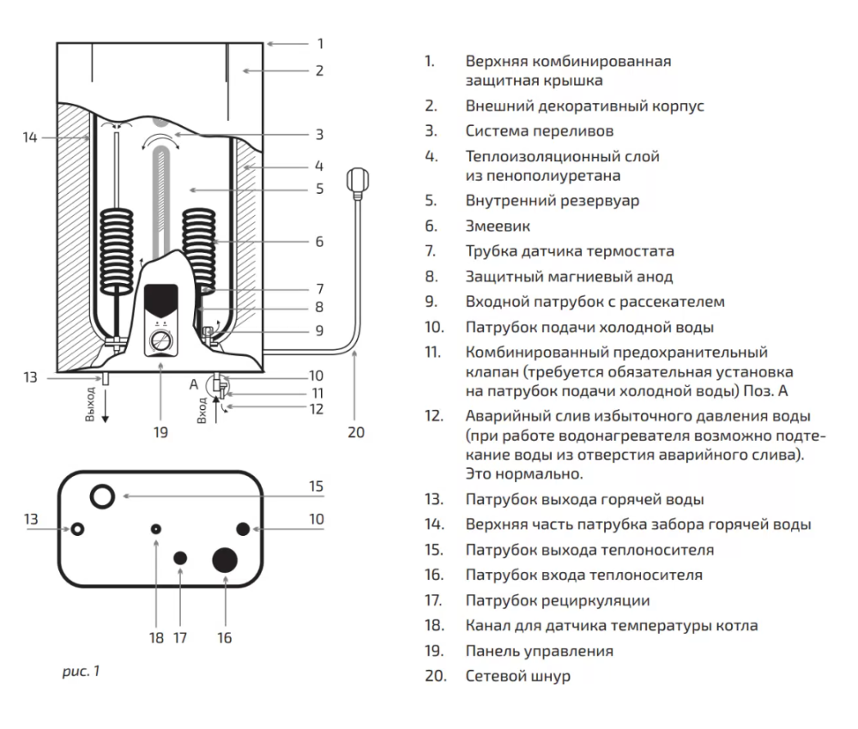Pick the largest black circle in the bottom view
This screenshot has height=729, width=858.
225,561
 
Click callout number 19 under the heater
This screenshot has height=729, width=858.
160,432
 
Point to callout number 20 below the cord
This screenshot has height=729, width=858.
355,432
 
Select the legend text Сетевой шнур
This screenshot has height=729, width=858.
517,676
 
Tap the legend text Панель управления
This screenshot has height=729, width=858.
539,651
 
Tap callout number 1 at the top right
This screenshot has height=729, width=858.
320,43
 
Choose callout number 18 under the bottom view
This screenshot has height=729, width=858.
156,637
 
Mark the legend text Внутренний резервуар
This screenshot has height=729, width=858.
552,201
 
